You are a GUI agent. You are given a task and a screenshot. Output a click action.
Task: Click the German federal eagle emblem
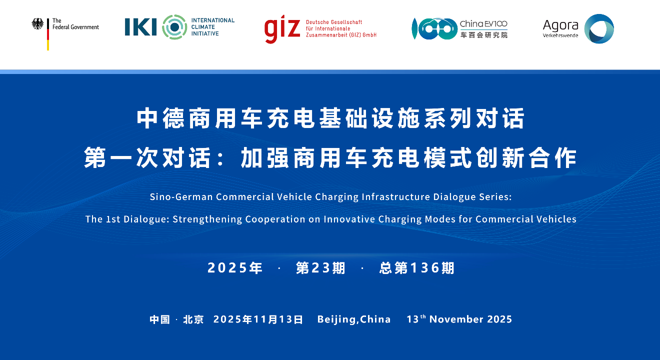[x=37, y=24]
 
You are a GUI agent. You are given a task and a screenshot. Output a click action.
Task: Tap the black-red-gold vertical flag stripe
[x=47, y=34]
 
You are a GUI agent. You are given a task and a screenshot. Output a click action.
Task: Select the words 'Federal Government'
[x=75, y=27]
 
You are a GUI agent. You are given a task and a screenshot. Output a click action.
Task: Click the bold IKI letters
[x=140, y=27]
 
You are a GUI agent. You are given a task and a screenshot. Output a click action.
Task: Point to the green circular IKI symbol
[x=174, y=27]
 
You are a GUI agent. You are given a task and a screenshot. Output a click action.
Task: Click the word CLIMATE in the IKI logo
[x=203, y=27]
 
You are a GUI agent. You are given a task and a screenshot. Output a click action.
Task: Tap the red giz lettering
[x=282, y=28]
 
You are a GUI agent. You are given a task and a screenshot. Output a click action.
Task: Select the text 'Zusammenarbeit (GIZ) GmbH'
[x=341, y=35]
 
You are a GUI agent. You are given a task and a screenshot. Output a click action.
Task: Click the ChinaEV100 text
[x=483, y=23]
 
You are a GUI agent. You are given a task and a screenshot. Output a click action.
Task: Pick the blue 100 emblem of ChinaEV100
[x=434, y=28]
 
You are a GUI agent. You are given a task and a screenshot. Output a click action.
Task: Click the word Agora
[x=560, y=25]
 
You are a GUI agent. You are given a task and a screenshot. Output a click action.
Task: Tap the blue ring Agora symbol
[x=599, y=28]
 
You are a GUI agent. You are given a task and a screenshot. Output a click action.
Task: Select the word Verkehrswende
[x=560, y=35]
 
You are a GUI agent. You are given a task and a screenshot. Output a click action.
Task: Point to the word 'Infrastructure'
[x=395, y=197]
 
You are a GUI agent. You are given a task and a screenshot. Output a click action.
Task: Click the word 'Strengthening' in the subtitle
[x=207, y=219]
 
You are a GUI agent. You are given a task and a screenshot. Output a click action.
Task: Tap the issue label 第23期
[x=320, y=268]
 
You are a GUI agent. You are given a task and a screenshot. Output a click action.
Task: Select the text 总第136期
[x=416, y=268]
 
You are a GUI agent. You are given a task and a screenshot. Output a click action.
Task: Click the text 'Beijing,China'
[x=354, y=319]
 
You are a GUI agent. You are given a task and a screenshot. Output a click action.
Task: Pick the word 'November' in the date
[x=456, y=319]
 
